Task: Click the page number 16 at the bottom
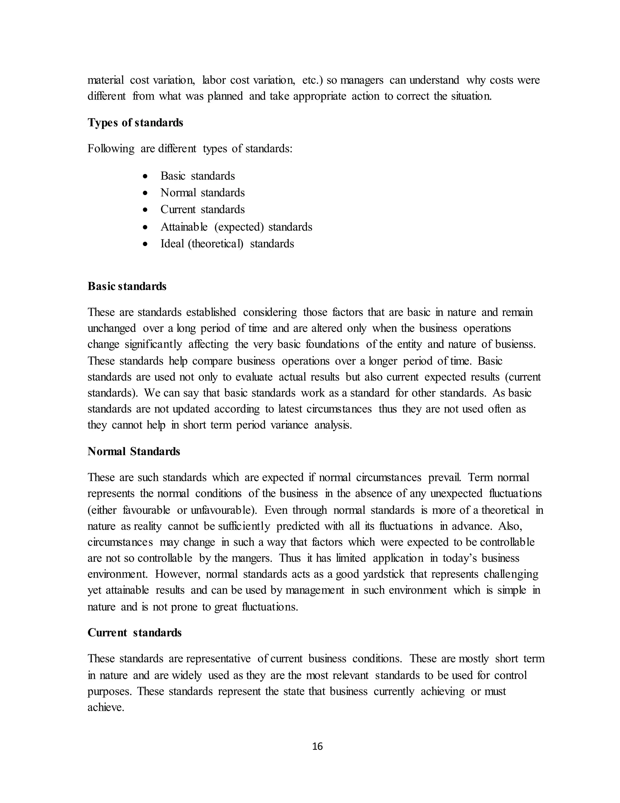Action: (x=317, y=746)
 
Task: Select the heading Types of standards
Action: (x=135, y=122)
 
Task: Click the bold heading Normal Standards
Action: (x=134, y=451)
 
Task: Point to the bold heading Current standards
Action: (x=134, y=632)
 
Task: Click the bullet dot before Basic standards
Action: (x=146, y=176)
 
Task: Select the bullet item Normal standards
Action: (x=203, y=193)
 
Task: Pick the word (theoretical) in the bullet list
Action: (x=216, y=244)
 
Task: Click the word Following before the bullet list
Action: (x=111, y=149)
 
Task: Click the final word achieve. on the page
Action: (x=106, y=707)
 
